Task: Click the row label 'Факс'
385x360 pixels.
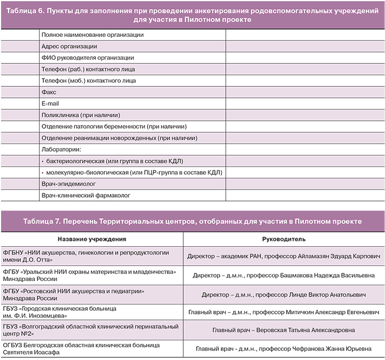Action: pyautogui.click(x=49, y=92)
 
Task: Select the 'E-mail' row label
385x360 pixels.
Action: pyautogui.click(x=51, y=104)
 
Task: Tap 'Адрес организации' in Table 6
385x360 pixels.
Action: pyautogui.click(x=69, y=46)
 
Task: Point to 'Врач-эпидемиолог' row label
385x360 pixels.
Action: pyautogui.click(x=65, y=184)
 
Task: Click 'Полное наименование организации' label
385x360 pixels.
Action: pyautogui.click(x=93, y=35)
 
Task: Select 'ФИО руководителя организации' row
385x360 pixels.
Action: pyautogui.click(x=87, y=58)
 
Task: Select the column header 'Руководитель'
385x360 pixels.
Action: pyautogui.click(x=283, y=239)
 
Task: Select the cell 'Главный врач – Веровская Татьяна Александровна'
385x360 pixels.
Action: pyautogui.click(x=283, y=330)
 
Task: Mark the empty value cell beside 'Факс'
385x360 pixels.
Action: pyautogui.click(x=304, y=92)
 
